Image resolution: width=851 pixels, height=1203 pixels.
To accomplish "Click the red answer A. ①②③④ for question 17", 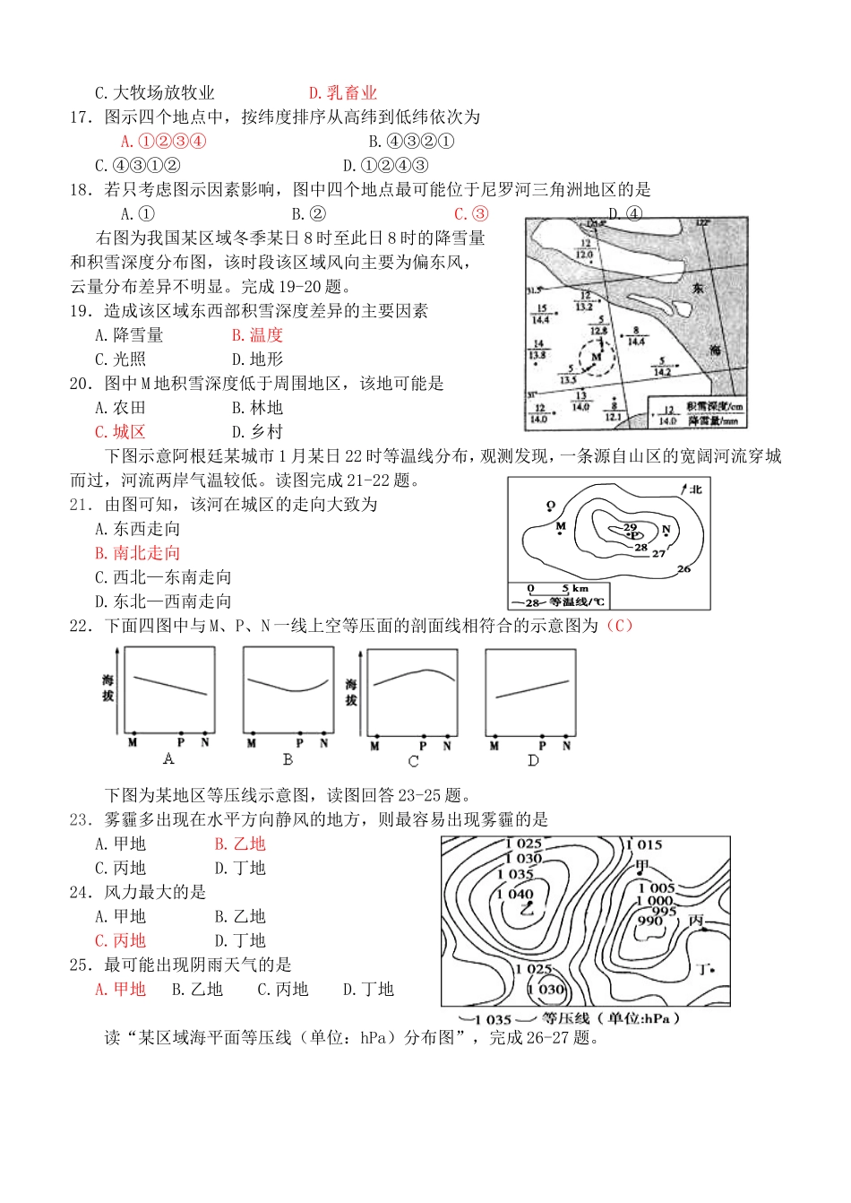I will tap(163, 141).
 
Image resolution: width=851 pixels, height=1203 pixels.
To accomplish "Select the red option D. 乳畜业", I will tap(342, 92).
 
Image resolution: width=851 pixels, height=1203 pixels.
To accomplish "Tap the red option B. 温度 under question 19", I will tap(257, 334).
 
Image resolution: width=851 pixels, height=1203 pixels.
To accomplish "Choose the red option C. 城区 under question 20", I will tap(120, 431).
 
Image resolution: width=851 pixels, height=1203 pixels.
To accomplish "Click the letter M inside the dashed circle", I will tap(596, 357).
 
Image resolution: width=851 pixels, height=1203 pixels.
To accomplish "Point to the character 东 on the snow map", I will tap(698, 288).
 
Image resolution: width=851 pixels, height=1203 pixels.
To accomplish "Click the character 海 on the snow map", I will tap(715, 349).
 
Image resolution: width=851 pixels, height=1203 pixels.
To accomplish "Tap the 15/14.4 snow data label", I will tap(541, 314).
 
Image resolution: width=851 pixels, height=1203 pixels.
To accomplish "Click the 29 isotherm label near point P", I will tap(630, 527).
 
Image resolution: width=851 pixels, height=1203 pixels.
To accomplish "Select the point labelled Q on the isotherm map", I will tap(551, 506).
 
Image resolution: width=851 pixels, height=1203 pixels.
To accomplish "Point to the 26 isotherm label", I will tap(683, 568).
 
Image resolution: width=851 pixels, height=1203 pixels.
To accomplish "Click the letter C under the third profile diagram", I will tap(413, 761).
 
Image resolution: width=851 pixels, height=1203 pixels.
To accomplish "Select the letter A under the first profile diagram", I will tap(168, 759).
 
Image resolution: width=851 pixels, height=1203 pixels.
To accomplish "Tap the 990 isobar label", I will tap(649, 921).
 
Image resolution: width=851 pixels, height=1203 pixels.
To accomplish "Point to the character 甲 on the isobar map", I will tap(641, 865).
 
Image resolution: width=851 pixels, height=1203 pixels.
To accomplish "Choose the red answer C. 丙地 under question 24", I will tap(120, 940).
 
